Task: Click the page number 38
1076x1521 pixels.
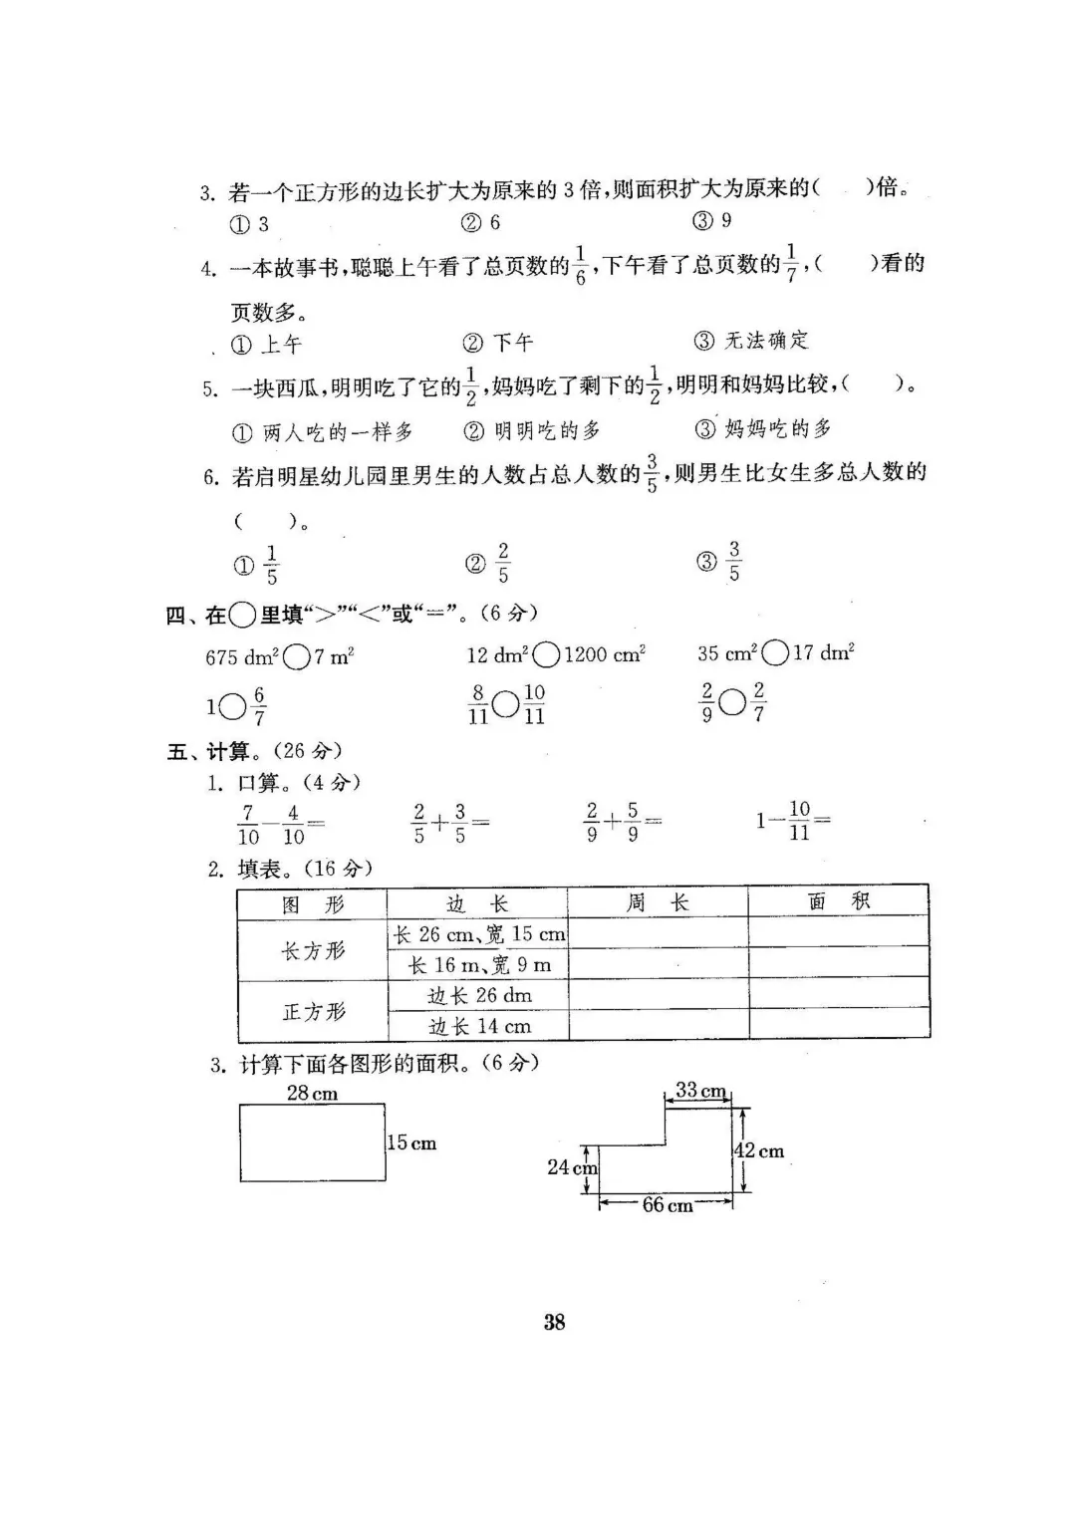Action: point(555,1322)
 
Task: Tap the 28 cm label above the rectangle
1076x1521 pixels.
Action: point(312,1094)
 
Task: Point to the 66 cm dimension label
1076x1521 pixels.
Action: point(668,1205)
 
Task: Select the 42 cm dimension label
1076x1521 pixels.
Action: point(759,1151)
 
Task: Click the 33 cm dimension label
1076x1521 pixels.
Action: point(701,1091)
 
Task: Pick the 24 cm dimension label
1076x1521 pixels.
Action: point(571,1166)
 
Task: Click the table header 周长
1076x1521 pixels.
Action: point(658,903)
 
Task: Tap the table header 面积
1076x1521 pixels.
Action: point(838,902)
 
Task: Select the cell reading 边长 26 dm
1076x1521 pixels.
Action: point(479,996)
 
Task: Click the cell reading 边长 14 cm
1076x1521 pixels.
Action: point(479,1026)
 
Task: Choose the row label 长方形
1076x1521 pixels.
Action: point(313,950)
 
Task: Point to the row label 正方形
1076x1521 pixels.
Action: point(313,1012)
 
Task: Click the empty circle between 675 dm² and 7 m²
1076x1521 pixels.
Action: point(297,656)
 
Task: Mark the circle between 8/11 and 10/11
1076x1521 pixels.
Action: point(506,705)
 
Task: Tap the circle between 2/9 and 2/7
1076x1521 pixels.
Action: point(732,703)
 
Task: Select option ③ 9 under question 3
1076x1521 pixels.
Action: point(713,221)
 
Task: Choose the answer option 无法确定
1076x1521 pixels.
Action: point(752,341)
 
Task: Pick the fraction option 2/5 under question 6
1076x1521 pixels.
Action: point(489,564)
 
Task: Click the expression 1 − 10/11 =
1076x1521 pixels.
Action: point(793,822)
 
